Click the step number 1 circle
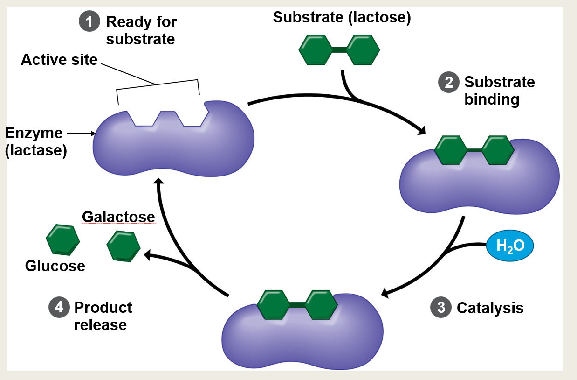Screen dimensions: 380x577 [x=89, y=22]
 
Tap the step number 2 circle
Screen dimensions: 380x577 [x=448, y=83]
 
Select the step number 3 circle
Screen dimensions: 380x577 [x=440, y=308]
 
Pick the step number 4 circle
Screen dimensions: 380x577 [x=58, y=307]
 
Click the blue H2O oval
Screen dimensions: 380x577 [x=510, y=246]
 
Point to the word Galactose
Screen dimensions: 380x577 [x=118, y=217]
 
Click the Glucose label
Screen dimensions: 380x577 [x=55, y=266]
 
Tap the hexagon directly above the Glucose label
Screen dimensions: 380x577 [x=62, y=239]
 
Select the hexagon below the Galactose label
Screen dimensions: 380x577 [x=123, y=246]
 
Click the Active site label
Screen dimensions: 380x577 [x=59, y=60]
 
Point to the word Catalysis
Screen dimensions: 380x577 [x=490, y=308]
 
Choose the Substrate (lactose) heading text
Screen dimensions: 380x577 [x=342, y=18]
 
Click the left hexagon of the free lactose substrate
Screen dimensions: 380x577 [x=316, y=49]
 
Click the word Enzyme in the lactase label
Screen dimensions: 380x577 [x=34, y=133]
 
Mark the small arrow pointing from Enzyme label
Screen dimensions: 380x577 [x=82, y=134]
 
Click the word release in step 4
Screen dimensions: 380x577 [x=100, y=324]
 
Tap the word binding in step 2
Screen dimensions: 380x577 [x=492, y=99]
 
